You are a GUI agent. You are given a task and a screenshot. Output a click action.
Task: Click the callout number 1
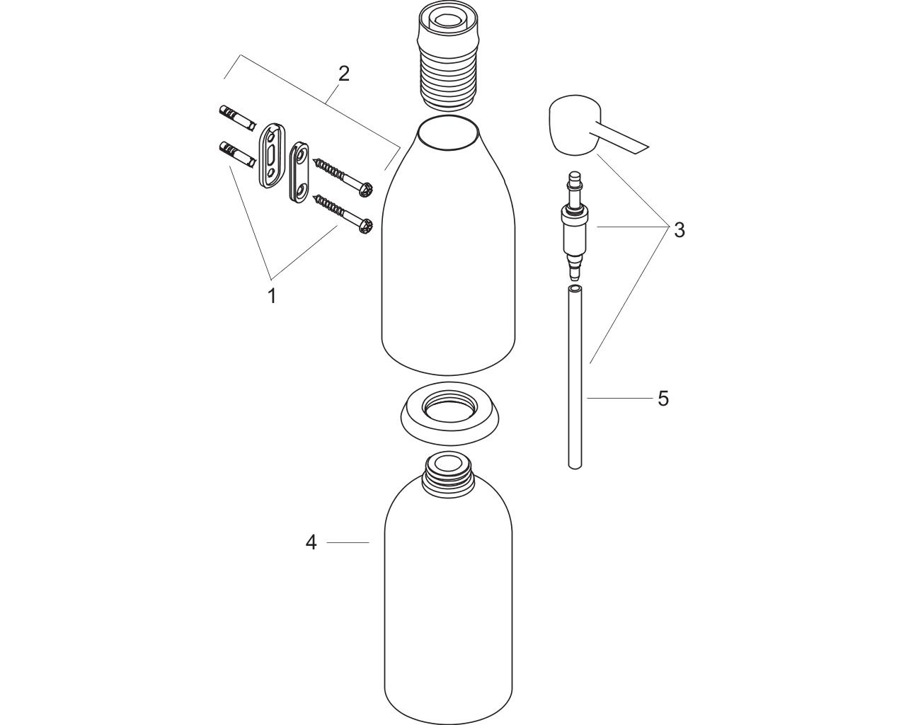click(x=273, y=296)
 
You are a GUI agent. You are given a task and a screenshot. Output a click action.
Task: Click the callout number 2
click(x=344, y=74)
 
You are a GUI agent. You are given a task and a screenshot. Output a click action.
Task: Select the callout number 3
click(x=679, y=230)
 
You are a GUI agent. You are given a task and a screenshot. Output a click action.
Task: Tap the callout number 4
click(x=311, y=542)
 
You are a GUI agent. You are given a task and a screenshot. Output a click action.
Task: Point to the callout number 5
click(x=663, y=399)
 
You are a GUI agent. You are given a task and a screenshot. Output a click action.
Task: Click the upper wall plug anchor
click(x=236, y=120)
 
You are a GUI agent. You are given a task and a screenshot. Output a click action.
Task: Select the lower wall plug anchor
click(x=236, y=156)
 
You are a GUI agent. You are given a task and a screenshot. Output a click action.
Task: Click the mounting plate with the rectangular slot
click(x=272, y=156)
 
